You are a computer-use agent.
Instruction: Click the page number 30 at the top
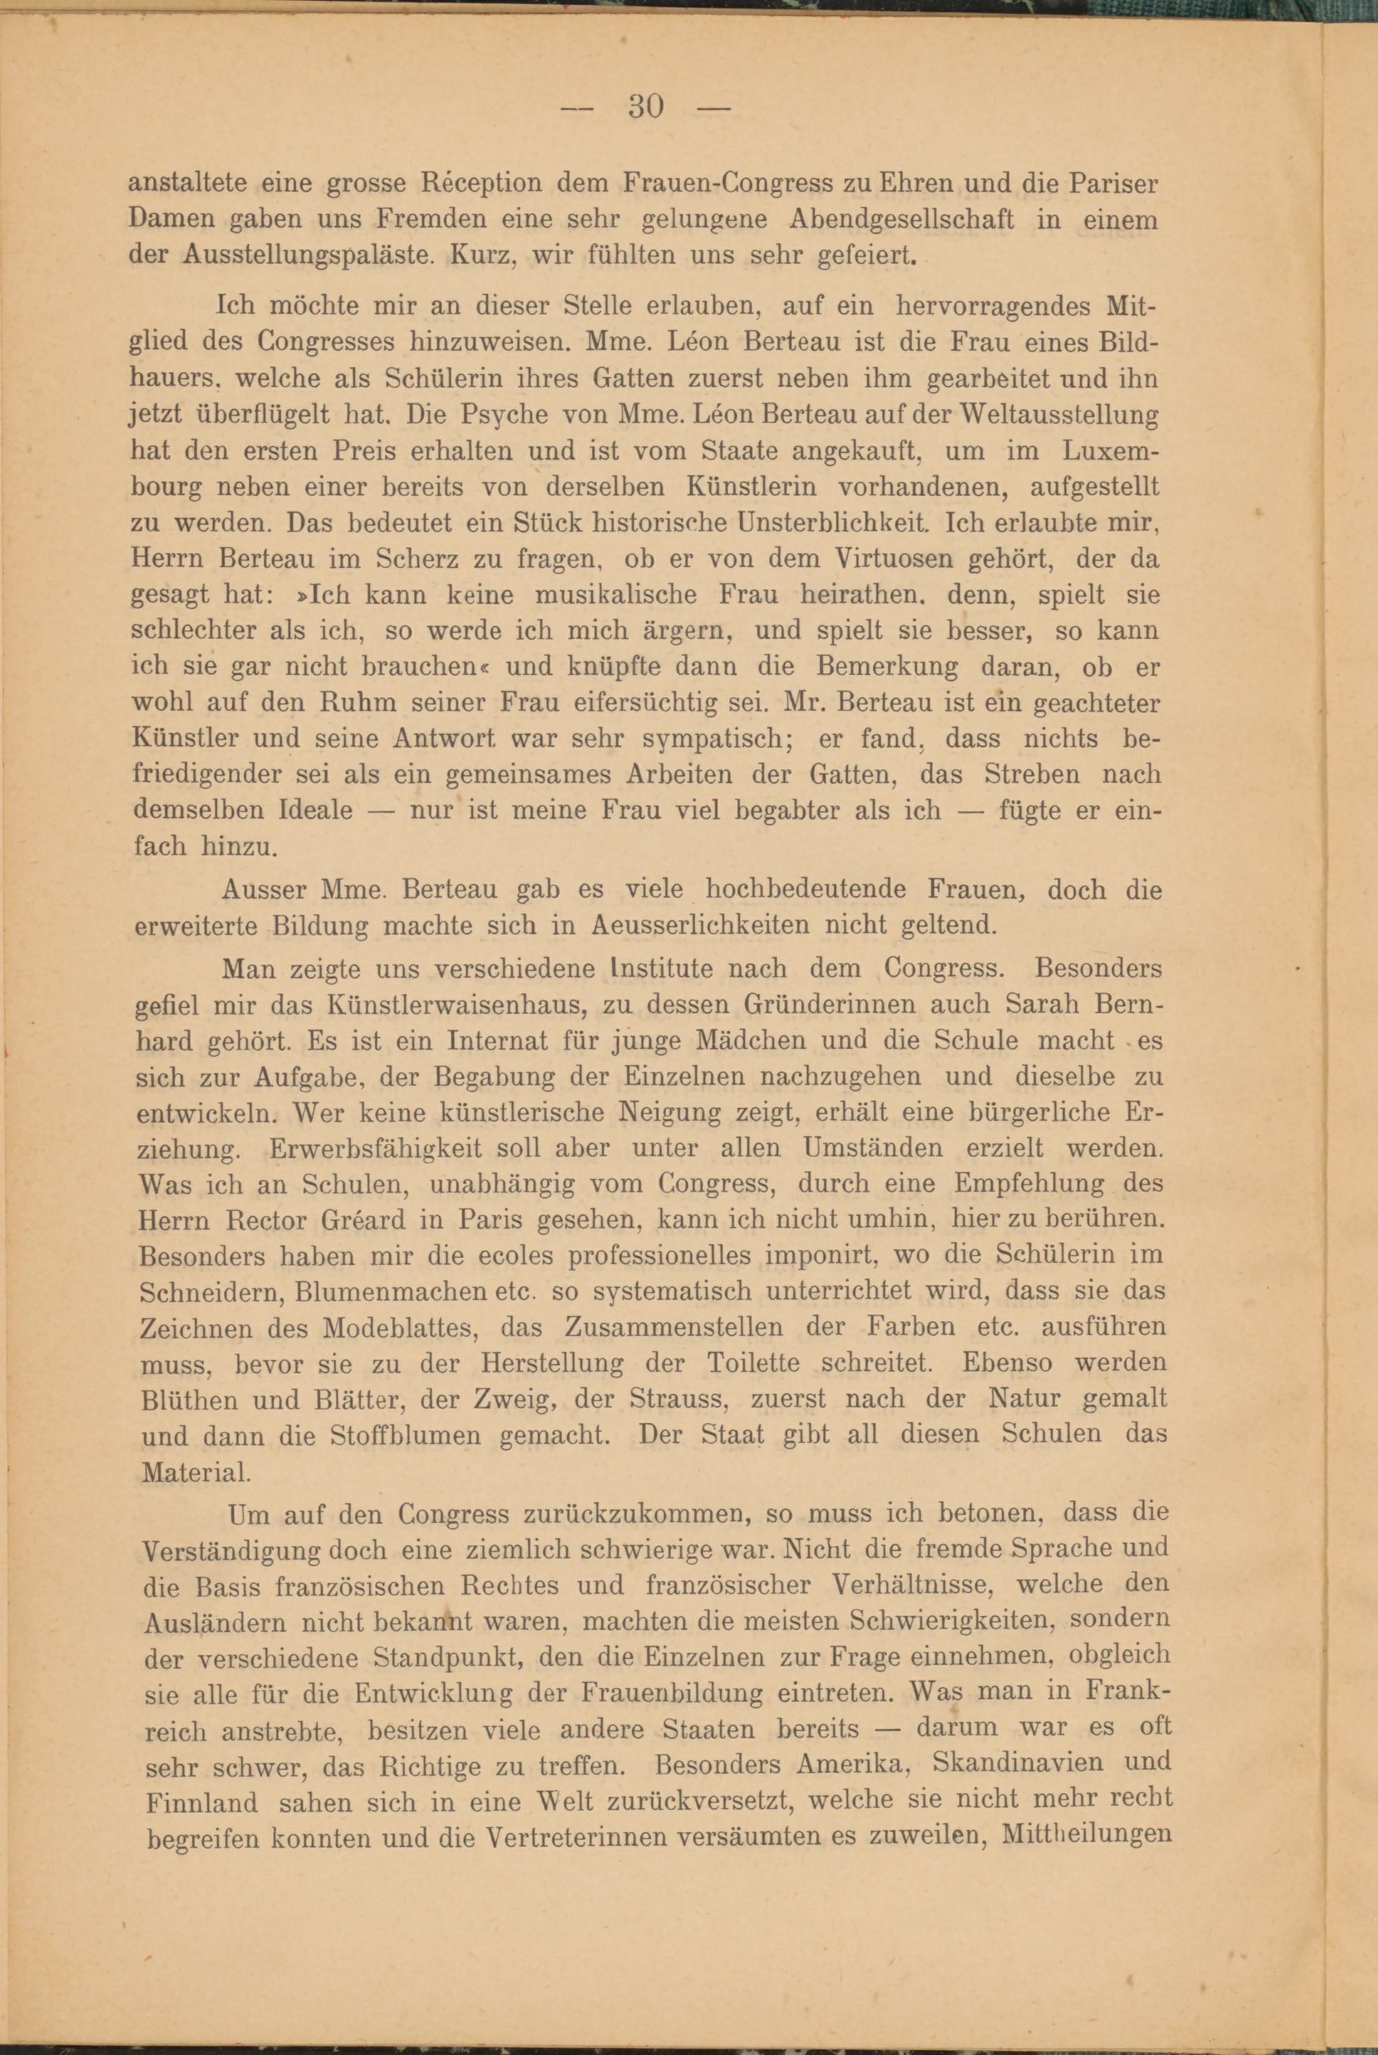[x=646, y=108]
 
